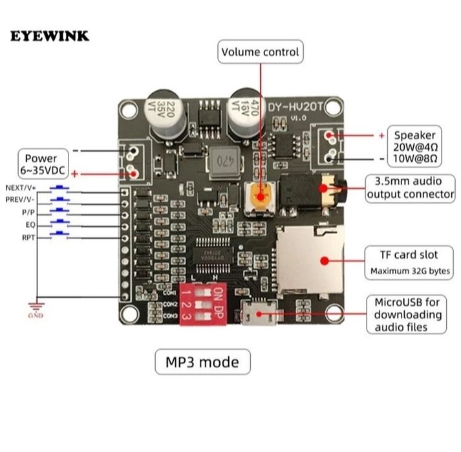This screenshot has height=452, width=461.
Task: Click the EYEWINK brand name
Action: (50, 36)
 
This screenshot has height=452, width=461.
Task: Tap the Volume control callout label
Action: (261, 52)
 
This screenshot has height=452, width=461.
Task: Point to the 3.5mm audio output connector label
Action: (410, 188)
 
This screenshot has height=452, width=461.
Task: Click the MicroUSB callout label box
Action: (407, 315)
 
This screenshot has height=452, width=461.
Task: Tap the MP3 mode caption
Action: (202, 362)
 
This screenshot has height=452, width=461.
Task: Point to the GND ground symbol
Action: (36, 309)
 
